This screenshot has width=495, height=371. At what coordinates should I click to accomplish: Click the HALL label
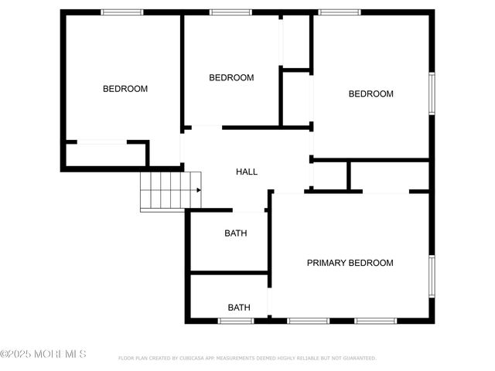tap(247, 172)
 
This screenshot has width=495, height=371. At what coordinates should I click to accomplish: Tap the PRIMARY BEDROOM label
tap(350, 263)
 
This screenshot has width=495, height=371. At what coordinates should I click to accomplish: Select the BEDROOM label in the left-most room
tap(125, 89)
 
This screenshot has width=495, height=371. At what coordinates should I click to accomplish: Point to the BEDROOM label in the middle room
tap(231, 78)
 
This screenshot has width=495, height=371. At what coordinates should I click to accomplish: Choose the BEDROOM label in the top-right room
tap(370, 94)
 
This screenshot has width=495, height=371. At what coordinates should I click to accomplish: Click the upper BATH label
tap(236, 233)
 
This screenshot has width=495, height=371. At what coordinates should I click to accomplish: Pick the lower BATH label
tap(239, 308)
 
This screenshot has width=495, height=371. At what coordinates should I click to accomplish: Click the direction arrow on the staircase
tap(198, 190)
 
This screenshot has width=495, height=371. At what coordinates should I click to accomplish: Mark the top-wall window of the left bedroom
tap(122, 12)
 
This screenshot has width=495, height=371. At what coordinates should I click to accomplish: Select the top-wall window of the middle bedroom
tap(230, 12)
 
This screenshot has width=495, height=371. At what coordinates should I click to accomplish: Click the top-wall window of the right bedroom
tap(340, 12)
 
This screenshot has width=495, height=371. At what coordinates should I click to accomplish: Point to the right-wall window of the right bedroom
tap(432, 94)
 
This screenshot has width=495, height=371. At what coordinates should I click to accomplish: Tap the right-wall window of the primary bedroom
tap(432, 275)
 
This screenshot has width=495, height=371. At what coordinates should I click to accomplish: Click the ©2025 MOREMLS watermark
tap(43, 354)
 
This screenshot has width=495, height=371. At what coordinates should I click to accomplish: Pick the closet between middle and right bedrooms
tap(295, 98)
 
